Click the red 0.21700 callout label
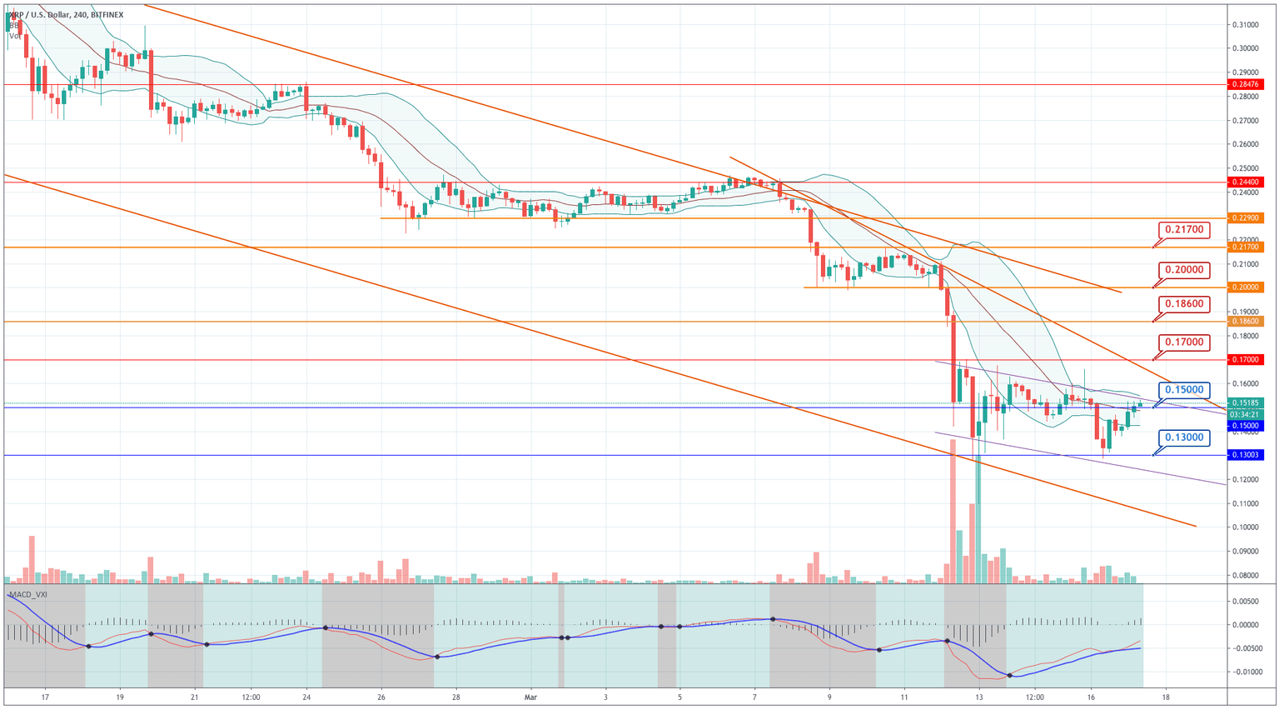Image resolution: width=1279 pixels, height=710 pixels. (1183, 229)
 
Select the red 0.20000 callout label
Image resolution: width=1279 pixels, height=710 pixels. (1183, 270)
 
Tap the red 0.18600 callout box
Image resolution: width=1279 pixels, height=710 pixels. (1183, 304)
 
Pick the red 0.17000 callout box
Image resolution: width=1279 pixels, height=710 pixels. (1183, 342)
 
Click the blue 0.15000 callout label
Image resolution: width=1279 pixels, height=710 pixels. (1183, 390)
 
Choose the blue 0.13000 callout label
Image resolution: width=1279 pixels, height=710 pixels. (1183, 437)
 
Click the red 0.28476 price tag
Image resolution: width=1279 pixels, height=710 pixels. (1246, 84)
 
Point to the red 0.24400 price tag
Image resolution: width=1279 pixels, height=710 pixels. (1246, 182)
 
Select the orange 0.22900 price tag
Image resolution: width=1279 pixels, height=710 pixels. (1246, 218)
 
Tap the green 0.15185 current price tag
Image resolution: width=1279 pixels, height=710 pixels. (1246, 402)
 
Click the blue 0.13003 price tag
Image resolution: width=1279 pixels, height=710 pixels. (1246, 455)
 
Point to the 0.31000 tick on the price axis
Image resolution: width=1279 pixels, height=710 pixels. (1246, 25)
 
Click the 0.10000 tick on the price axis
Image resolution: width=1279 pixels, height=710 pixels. (1246, 527)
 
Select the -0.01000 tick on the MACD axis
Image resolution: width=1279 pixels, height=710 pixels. (1247, 672)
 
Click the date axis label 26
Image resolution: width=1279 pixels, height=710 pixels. (381, 697)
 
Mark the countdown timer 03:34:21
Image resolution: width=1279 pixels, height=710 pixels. (1246, 414)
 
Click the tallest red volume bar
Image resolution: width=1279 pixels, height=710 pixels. (953, 512)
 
